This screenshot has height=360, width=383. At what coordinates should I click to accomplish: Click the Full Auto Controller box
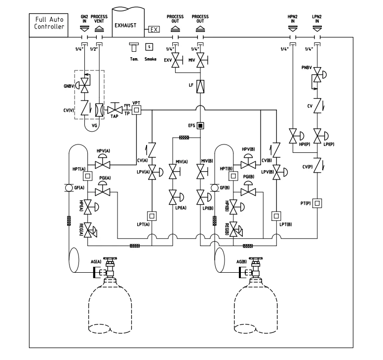(48, 25)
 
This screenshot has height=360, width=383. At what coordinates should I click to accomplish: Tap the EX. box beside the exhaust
(154, 30)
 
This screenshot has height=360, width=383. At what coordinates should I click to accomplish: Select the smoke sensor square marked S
(149, 47)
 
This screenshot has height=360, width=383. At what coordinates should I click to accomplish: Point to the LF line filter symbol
(200, 86)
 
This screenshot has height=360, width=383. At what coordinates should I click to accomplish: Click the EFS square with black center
(200, 126)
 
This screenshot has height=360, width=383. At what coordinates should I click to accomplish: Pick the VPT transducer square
(137, 110)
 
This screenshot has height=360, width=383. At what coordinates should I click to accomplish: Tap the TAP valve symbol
(115, 109)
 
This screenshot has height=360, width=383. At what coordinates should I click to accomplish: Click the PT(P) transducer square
(317, 203)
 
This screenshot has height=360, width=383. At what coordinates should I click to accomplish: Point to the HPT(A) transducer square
(88, 176)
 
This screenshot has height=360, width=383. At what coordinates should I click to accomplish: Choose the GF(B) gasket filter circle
(215, 188)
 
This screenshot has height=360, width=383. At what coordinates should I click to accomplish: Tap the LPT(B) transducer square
(276, 216)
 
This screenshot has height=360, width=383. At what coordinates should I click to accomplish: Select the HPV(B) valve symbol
(248, 161)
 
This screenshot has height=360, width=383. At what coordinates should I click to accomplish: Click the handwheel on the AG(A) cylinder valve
(110, 258)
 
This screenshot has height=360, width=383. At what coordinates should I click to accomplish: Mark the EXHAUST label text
(125, 25)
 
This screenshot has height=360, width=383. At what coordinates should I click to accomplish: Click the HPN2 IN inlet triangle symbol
(293, 29)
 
